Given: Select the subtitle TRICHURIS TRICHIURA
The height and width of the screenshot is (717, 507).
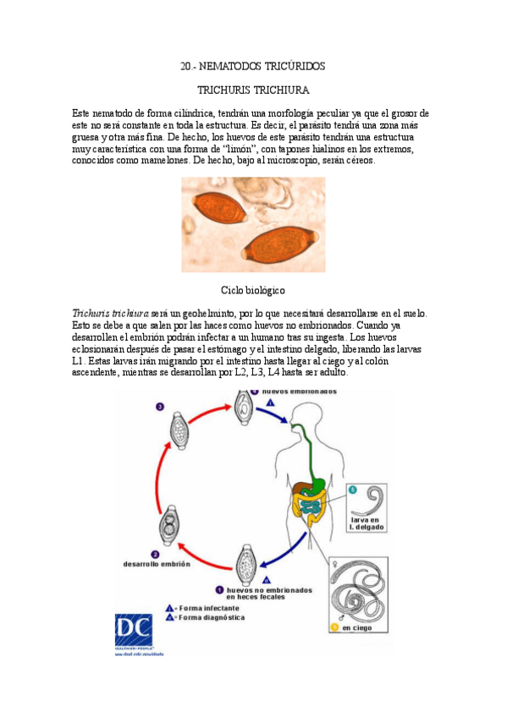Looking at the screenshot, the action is tap(253, 89).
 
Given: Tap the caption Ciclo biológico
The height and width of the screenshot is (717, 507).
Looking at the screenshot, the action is tap(253, 290).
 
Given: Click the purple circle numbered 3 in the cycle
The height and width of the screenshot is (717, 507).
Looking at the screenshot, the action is tap(160, 408).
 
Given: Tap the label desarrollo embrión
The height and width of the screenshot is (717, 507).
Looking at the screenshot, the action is tap(157, 564).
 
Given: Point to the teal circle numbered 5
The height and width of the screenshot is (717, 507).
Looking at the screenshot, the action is tap(353, 490).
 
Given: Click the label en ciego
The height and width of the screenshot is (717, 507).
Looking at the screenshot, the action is tap(357, 627).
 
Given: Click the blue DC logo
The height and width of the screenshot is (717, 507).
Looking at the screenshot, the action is tap(134, 630).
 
